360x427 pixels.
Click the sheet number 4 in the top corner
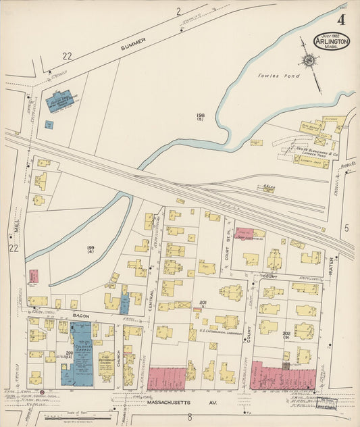coord(341,20)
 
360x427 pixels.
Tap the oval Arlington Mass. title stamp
coord(332,41)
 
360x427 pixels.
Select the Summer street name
coord(133,45)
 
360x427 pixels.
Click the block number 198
coord(201,116)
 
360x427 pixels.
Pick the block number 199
coord(91,249)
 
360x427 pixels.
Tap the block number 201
coord(203,302)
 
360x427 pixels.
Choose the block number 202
coord(286,333)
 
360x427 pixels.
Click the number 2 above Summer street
coord(179,11)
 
